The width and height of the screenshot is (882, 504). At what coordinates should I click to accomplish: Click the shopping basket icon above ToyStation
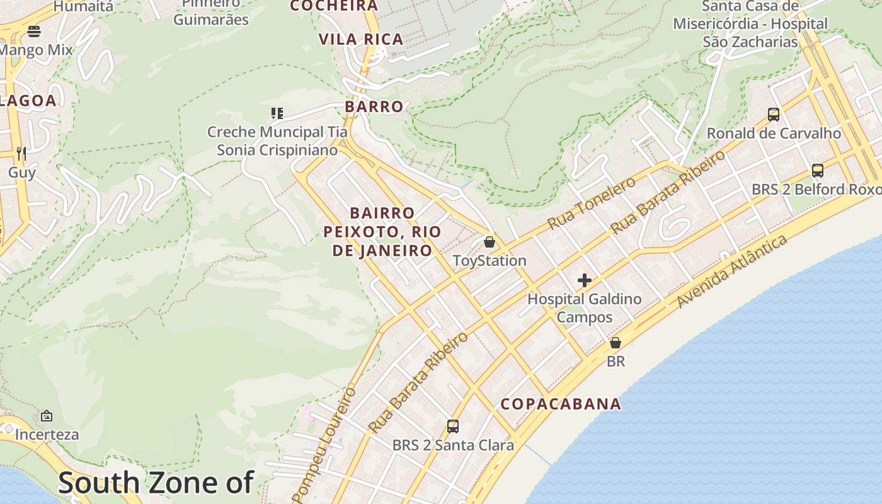point(489,242)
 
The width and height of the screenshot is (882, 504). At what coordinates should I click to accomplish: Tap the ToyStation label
point(490,261)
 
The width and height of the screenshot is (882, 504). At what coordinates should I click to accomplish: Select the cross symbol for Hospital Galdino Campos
point(585,280)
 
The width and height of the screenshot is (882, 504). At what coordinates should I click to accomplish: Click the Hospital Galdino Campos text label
point(585,308)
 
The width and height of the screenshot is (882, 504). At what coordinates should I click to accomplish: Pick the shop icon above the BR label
point(616,343)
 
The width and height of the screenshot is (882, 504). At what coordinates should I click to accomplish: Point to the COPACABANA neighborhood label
point(561,404)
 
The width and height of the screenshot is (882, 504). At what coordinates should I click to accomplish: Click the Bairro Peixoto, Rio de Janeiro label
point(382,232)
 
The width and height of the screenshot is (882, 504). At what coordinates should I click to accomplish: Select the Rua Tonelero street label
point(592,203)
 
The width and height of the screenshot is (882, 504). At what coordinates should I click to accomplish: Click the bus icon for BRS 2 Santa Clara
point(453,427)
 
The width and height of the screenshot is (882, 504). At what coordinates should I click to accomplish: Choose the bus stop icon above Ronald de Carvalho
point(774,115)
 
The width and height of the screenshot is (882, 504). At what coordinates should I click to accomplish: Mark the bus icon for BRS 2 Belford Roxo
point(818,171)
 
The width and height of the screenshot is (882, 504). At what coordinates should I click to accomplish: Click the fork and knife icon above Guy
point(21,153)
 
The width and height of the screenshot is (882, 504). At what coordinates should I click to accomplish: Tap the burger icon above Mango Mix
point(34,31)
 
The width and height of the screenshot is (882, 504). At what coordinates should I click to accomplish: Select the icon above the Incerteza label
point(47,416)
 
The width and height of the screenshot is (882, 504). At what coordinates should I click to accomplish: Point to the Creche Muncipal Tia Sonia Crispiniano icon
point(277,113)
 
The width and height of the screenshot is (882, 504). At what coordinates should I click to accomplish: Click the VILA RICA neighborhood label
point(361,40)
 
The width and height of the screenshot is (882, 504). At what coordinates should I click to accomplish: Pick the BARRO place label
point(374,106)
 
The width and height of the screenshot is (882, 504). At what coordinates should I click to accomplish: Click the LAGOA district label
point(28,101)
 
